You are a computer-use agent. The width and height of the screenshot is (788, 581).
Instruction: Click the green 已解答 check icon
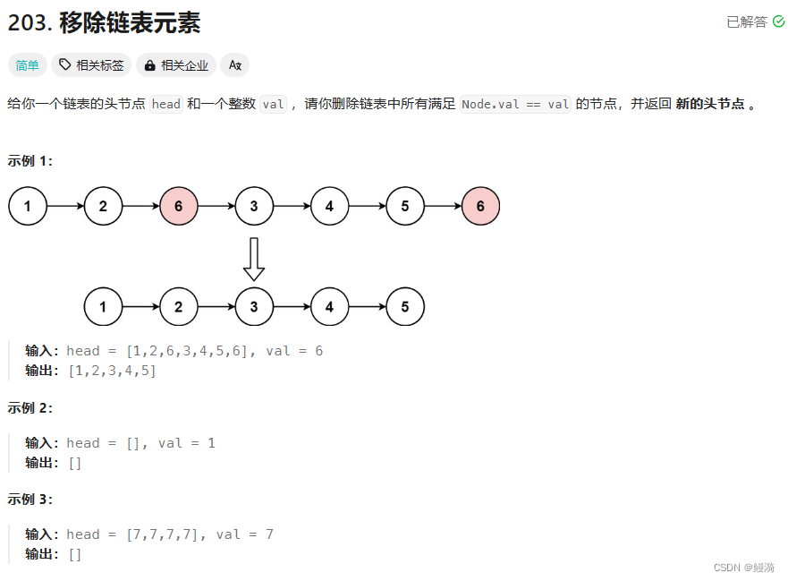coord(778,21)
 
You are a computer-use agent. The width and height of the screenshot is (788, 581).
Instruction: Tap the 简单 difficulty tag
coord(28,65)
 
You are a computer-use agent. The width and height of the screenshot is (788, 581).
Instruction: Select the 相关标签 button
coord(91,65)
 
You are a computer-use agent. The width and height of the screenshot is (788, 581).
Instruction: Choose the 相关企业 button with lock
coord(176,65)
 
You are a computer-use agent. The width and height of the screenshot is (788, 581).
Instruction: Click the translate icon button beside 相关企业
coord(234,65)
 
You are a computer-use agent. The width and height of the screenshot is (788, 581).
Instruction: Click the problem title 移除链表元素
coord(130,22)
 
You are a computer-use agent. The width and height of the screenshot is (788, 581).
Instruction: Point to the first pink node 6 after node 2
coord(179,207)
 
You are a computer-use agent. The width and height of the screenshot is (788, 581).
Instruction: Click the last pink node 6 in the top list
coord(480,207)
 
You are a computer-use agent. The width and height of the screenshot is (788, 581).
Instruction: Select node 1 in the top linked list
coord(28,207)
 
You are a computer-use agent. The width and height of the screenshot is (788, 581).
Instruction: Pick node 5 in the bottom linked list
coord(405,307)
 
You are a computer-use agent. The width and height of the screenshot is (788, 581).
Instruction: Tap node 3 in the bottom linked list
coord(254,307)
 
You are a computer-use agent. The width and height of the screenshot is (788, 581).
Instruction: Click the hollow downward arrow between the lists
coord(254,258)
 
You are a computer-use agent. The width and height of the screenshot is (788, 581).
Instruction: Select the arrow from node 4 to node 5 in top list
coord(367,207)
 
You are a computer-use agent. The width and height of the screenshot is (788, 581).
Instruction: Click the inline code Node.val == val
coord(515,104)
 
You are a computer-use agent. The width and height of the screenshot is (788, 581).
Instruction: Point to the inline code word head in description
coord(166,104)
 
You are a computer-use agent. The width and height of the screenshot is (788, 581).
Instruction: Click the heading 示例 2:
coord(30,407)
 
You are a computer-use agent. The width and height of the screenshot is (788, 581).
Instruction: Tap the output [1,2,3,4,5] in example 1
coord(112,371)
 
